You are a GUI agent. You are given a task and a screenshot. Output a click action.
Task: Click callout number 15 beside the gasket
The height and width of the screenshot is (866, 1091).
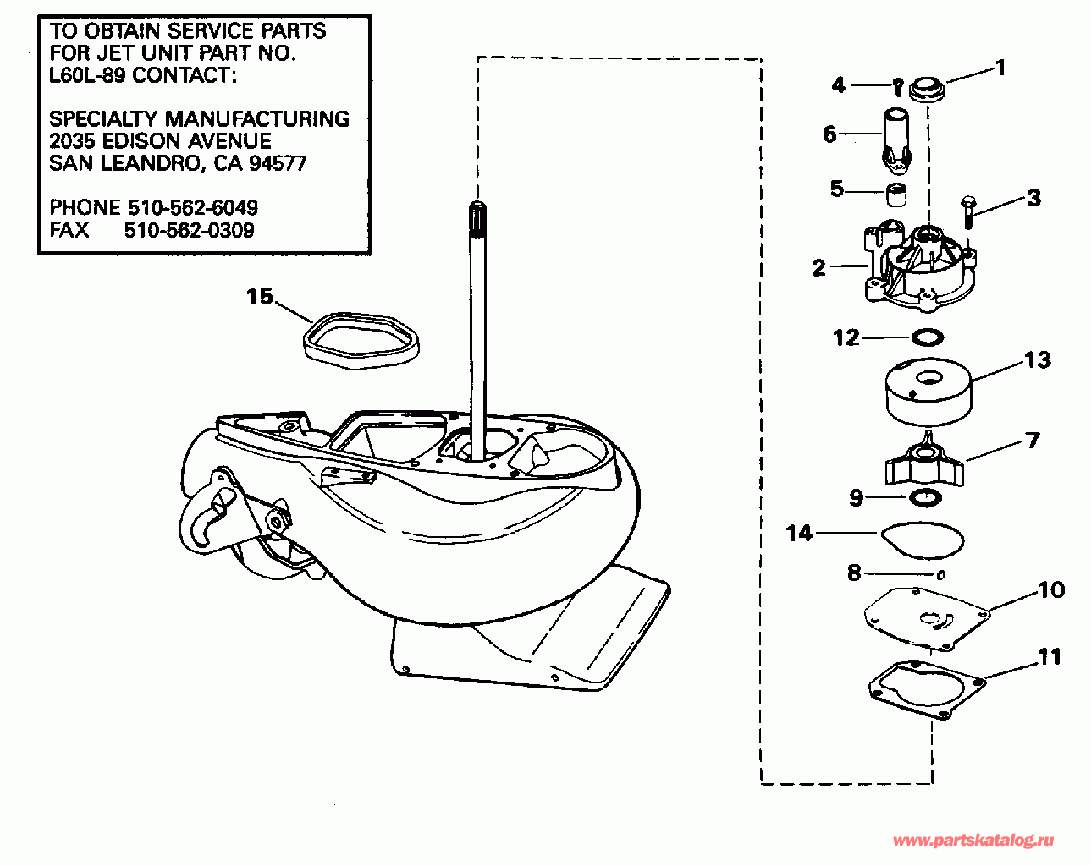point(260,297)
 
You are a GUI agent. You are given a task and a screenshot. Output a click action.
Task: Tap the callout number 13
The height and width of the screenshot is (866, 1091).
point(1037,359)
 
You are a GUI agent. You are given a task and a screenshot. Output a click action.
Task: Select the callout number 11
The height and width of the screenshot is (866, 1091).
point(1049,656)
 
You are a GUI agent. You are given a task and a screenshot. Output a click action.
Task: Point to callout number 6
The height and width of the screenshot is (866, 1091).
point(829,134)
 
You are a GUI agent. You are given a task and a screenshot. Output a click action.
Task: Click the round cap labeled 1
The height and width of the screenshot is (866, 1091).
point(926,89)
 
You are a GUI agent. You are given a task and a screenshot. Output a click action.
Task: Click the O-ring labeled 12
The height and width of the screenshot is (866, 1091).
point(928,337)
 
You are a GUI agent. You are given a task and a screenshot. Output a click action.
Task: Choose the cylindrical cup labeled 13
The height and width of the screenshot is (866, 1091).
point(928,395)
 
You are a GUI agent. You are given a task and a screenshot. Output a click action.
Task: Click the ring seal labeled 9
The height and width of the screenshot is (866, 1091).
point(927,498)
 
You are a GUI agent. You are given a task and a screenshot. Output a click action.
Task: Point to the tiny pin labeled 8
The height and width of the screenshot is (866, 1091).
point(939,575)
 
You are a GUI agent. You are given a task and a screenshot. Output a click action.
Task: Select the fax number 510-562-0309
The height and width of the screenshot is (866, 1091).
point(189,230)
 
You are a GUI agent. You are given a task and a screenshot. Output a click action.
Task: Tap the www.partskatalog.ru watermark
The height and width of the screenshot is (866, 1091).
point(973,840)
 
